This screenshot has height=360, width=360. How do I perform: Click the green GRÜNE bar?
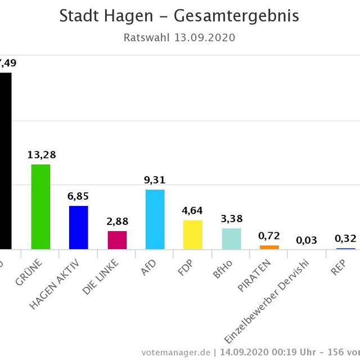40,206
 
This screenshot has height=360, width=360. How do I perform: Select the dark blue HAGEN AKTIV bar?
79,227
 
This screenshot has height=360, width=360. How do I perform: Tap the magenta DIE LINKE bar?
117,240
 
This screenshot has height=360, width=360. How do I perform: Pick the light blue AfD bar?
155,219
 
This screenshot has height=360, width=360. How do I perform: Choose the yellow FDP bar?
193,235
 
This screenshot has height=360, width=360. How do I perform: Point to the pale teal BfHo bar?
231,238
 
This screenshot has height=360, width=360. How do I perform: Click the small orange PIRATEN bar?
269,247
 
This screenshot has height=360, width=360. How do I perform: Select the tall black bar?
5,160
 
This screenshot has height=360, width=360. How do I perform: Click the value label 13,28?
42,155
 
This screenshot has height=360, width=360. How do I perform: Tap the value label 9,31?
155,180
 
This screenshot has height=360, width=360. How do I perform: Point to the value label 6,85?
79,196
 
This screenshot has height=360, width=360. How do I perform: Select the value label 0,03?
307,240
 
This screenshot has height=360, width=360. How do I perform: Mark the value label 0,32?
345,238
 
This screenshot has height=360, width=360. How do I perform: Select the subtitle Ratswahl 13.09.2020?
179,38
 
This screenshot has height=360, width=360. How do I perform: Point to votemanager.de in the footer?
176,352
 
